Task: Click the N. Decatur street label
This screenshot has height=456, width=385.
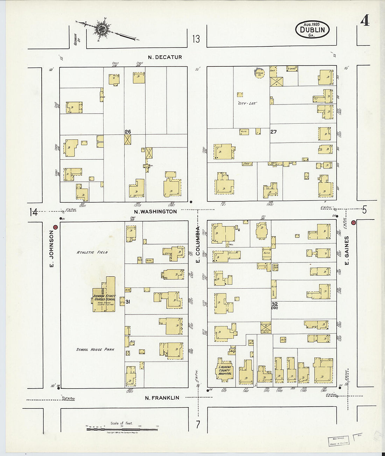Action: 165,57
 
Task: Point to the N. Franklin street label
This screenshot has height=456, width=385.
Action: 162,398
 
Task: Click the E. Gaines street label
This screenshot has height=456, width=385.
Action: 347,250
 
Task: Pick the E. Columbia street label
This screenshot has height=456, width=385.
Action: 198,245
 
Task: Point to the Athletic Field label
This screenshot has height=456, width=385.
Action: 92,252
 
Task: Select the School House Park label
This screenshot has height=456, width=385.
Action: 95,349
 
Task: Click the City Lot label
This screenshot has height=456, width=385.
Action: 247,103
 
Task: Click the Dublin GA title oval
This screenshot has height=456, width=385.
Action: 312,30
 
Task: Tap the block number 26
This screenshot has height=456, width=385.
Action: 128,132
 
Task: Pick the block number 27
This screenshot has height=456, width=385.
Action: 273,132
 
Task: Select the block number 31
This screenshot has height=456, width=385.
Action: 128,302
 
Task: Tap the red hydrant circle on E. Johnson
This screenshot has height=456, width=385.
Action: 55,227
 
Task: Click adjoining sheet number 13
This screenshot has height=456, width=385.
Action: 196,39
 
